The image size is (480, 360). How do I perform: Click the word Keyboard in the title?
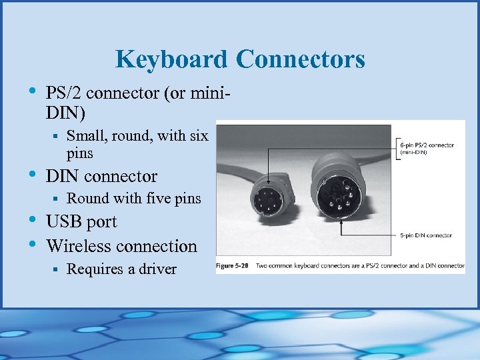click(171, 60)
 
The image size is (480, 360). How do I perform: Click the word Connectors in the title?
click(300, 60)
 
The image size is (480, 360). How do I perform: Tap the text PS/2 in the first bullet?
click(64, 93)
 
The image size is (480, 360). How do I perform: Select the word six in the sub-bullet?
click(199, 136)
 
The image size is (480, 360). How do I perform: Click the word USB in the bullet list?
click(62, 222)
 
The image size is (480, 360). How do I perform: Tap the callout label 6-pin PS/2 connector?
click(427, 145)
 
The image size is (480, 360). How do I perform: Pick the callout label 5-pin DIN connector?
click(427, 235)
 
